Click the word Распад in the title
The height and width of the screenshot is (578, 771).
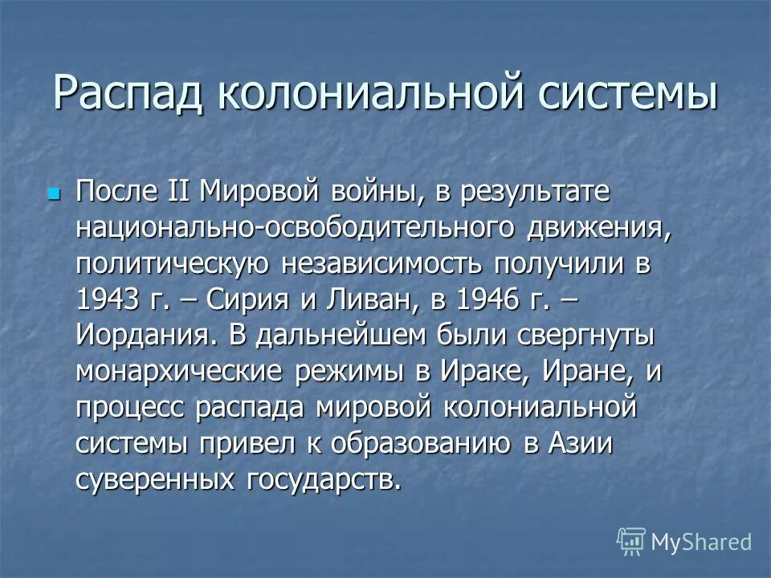(125, 93)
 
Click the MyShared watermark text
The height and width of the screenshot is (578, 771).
(700, 541)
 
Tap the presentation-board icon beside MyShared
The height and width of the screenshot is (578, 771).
(631, 543)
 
